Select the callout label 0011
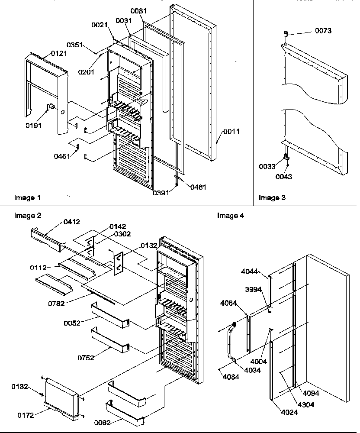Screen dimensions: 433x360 [231, 131]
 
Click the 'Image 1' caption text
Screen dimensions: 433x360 [28, 198]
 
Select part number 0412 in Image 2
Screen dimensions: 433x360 [72, 222]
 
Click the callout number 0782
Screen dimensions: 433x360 [57, 304]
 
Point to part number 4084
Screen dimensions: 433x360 [231, 376]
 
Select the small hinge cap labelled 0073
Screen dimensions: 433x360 [286, 34]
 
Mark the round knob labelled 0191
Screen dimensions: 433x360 [50, 107]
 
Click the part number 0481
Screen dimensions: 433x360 [198, 187]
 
